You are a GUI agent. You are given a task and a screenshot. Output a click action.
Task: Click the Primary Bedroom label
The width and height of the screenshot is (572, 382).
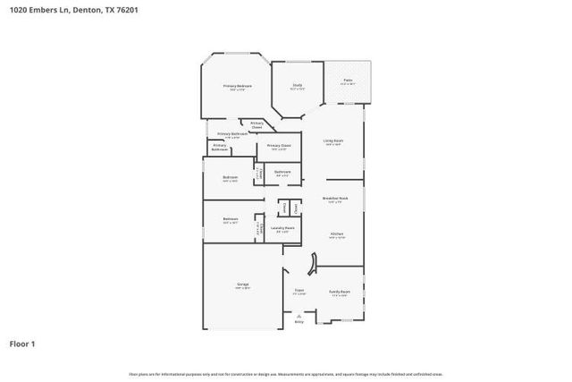click(237, 87)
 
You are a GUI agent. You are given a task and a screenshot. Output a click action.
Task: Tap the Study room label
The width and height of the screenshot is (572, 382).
click(297, 86)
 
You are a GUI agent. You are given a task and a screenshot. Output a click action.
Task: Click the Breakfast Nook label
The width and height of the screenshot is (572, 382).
click(335, 199)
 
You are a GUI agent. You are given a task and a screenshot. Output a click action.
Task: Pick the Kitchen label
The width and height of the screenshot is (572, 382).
click(336, 235)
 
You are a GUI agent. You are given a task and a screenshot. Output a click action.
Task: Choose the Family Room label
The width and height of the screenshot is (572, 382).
click(340, 292)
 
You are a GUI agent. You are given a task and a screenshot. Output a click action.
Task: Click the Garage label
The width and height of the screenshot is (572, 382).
click(242, 285)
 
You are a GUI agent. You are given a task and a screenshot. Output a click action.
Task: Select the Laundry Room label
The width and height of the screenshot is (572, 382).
click(282, 229)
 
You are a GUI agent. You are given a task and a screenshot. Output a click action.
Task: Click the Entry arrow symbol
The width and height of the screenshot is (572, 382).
click(299, 315)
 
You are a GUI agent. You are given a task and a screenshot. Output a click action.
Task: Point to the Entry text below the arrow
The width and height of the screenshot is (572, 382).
click(299, 321)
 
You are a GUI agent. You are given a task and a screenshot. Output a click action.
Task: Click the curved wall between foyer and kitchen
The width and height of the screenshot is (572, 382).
click(312, 264)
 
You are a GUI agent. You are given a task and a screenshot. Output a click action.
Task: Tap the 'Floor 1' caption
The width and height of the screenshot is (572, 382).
click(22, 344)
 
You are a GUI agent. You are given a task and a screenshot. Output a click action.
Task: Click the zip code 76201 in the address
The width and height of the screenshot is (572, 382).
click(126, 10)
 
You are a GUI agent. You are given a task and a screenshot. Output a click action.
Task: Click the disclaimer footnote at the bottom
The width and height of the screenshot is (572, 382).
click(285, 374)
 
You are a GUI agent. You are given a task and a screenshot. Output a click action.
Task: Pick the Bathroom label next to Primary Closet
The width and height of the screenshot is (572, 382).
click(282, 173)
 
